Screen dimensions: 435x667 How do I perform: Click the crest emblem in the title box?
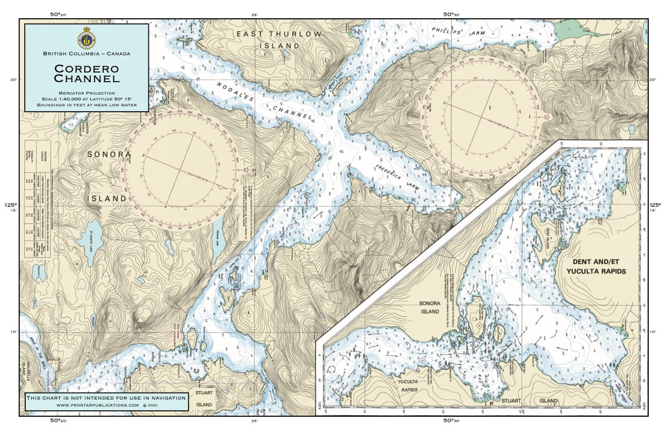coord(86,39)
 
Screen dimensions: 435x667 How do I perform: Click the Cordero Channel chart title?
coord(86,74)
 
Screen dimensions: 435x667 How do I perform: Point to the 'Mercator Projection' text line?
coord(86,93)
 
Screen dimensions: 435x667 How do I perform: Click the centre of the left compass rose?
coord(180,169)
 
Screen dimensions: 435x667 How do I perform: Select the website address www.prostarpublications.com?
coord(102,404)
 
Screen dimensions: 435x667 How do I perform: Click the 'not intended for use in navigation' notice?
coord(107,397)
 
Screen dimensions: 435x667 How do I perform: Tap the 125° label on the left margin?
coord(11,205)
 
